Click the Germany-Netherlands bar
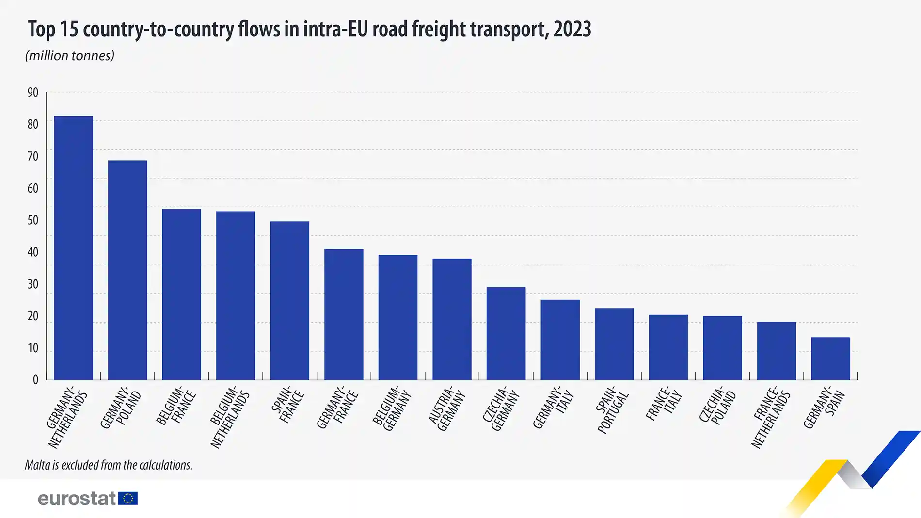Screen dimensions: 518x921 73,248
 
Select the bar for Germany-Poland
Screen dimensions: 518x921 127,270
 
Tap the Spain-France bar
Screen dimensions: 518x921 289,300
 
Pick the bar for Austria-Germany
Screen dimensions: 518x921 452,319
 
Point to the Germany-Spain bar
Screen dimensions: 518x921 830,359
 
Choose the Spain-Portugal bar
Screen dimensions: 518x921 614,344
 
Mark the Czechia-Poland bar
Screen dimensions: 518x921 722,348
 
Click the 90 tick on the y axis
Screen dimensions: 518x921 32,93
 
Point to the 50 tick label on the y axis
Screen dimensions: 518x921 32,220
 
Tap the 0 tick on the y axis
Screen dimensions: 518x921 35,379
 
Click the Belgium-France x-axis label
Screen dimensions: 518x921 176,406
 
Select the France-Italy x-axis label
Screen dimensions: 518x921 664,403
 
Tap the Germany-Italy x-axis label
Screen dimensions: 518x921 553,407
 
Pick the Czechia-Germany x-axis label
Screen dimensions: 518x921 501,408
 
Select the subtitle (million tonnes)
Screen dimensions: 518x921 70,56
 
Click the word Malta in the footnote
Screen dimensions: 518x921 38,465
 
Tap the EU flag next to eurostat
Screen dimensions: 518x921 128,498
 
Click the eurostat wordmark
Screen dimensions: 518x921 77,498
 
